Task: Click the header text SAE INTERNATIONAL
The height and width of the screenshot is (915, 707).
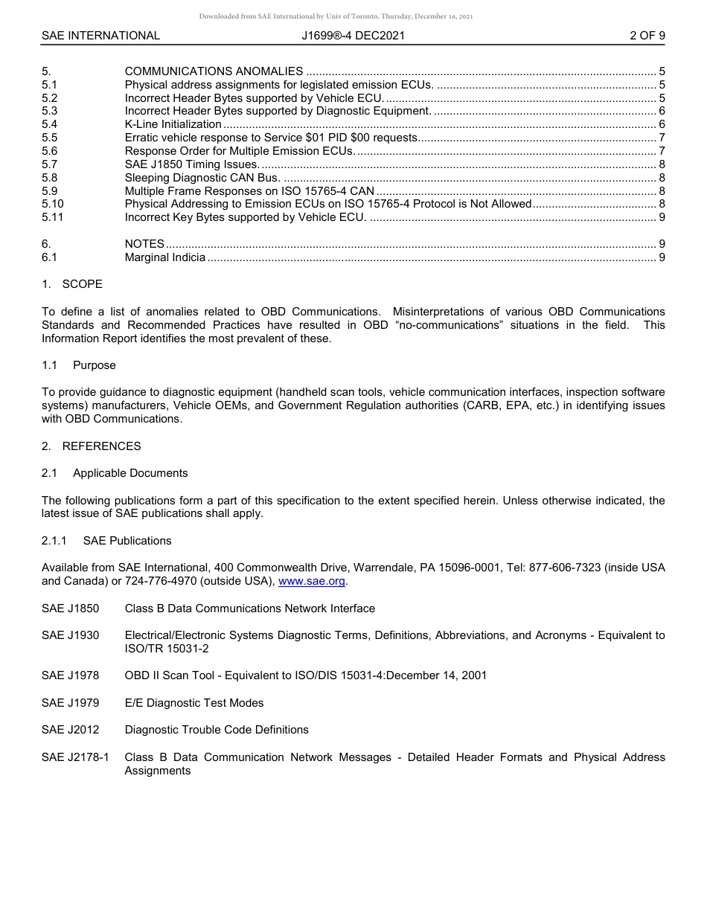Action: pyautogui.click(x=100, y=35)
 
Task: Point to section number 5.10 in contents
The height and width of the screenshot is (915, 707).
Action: pyautogui.click(x=53, y=204)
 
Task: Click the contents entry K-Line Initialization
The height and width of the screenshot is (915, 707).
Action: pyautogui.click(x=173, y=124)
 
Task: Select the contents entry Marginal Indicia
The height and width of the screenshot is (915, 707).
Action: pyautogui.click(x=164, y=257)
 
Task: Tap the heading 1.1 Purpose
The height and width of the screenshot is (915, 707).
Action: pyautogui.click(x=94, y=365)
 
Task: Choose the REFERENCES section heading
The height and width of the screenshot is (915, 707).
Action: pyautogui.click(x=101, y=446)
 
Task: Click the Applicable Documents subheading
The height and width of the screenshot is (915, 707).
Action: pyautogui.click(x=130, y=473)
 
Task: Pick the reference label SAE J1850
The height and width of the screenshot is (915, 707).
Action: pyautogui.click(x=70, y=609)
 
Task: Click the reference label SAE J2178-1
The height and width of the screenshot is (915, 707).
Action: pyautogui.click(x=75, y=757)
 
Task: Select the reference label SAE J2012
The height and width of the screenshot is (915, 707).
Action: pyautogui.click(x=70, y=730)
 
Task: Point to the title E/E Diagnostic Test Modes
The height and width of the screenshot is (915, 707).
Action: pyautogui.click(x=193, y=703)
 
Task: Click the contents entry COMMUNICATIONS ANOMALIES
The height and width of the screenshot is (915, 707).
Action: pyautogui.click(x=214, y=71)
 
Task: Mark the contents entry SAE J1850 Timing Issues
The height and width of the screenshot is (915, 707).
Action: pyautogui.click(x=191, y=164)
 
